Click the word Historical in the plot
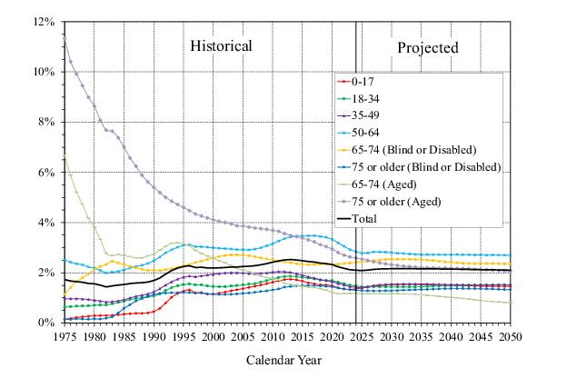(x=220, y=46)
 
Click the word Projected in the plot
(x=427, y=47)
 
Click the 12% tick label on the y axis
(x=44, y=21)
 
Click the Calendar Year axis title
(x=284, y=360)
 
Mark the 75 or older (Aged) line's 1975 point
(x=64, y=35)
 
